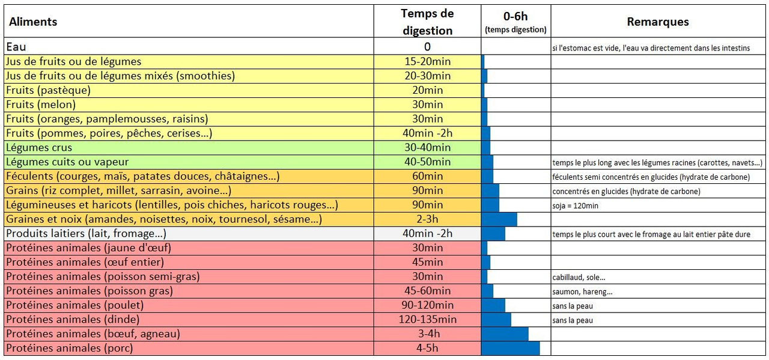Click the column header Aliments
(x=33, y=22)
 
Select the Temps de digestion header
(x=427, y=22)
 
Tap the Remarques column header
(x=658, y=22)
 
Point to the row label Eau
(x=16, y=47)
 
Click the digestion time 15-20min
(x=427, y=61)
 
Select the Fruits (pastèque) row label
(x=48, y=90)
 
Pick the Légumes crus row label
(x=39, y=148)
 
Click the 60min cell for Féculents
(x=427, y=177)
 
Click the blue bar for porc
(x=510, y=349)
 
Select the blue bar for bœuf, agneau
(x=505, y=334)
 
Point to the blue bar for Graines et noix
(x=499, y=220)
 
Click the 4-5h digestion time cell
(x=427, y=349)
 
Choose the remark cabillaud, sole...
(x=579, y=278)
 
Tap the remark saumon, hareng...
(x=582, y=292)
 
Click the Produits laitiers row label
(x=86, y=234)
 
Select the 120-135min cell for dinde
(x=427, y=320)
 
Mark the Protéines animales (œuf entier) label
(x=85, y=263)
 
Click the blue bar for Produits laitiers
(x=493, y=234)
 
